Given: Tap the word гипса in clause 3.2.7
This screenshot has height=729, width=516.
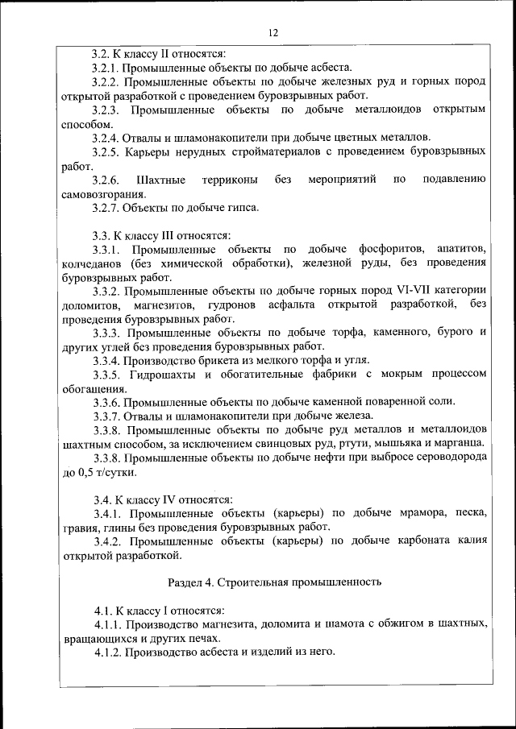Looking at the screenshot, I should (243, 208).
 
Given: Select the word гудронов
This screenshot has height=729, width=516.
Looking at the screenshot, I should (235, 304).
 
